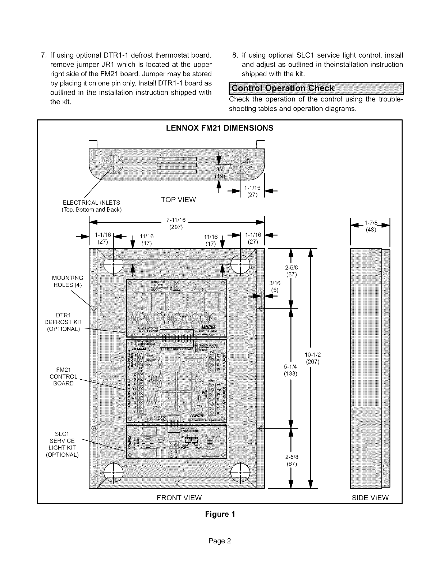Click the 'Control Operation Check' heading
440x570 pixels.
coord(283,88)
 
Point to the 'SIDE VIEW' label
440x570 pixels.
coord(370,498)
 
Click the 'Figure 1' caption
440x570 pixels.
coord(220,514)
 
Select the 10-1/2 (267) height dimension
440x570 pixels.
coord(312,358)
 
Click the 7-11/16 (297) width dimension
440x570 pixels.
coord(176,223)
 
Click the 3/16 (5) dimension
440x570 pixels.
coord(274,286)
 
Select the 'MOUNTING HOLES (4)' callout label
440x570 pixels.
coord(68,281)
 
